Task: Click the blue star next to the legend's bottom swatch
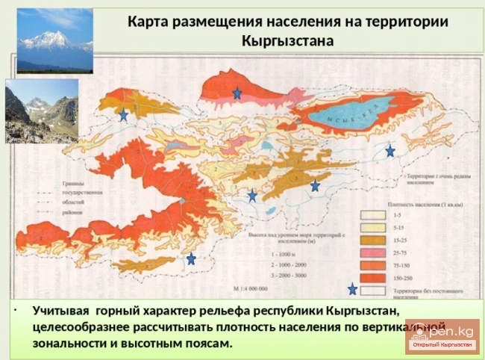(352, 289)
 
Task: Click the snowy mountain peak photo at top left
(54, 40)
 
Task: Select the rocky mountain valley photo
(42, 111)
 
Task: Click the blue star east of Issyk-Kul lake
(390, 151)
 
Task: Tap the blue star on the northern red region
(237, 93)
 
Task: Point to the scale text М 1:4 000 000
(252, 288)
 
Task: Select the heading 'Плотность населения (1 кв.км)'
(422, 202)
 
